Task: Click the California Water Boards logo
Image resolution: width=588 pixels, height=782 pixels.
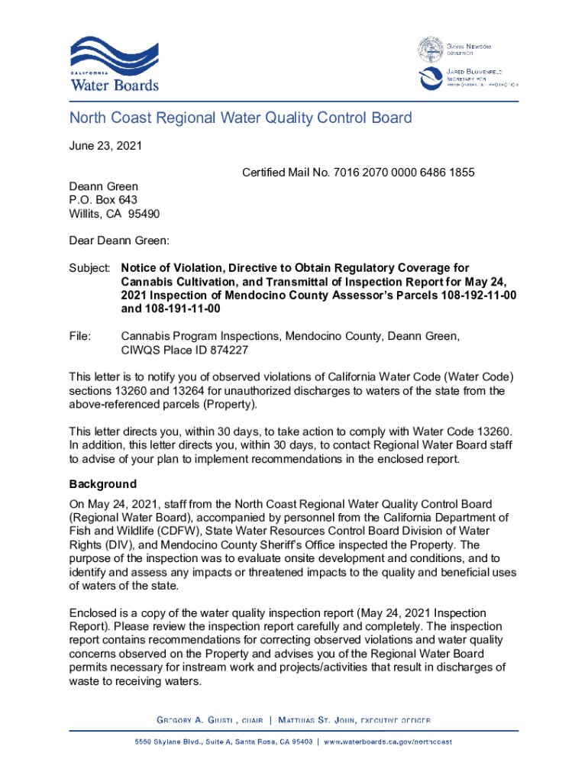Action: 115,64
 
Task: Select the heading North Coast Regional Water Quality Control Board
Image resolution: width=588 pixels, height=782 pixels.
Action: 241,118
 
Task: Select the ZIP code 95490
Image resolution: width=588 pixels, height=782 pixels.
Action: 144,213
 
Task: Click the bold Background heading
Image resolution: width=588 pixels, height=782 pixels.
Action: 103,484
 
